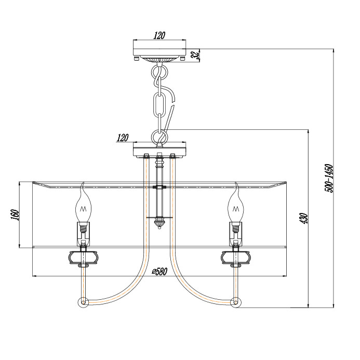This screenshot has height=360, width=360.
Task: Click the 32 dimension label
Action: [x=195, y=56]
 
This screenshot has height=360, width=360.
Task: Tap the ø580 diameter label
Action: [x=159, y=272]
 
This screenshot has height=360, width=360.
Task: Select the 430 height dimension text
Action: [x=304, y=218]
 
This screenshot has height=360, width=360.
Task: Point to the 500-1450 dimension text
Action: [x=329, y=178]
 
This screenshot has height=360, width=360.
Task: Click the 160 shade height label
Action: [x=15, y=215]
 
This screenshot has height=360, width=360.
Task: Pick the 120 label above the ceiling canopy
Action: [x=159, y=36]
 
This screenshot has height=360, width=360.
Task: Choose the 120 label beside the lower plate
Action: [x=123, y=138]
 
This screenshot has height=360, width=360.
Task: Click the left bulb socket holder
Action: [x=83, y=233]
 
